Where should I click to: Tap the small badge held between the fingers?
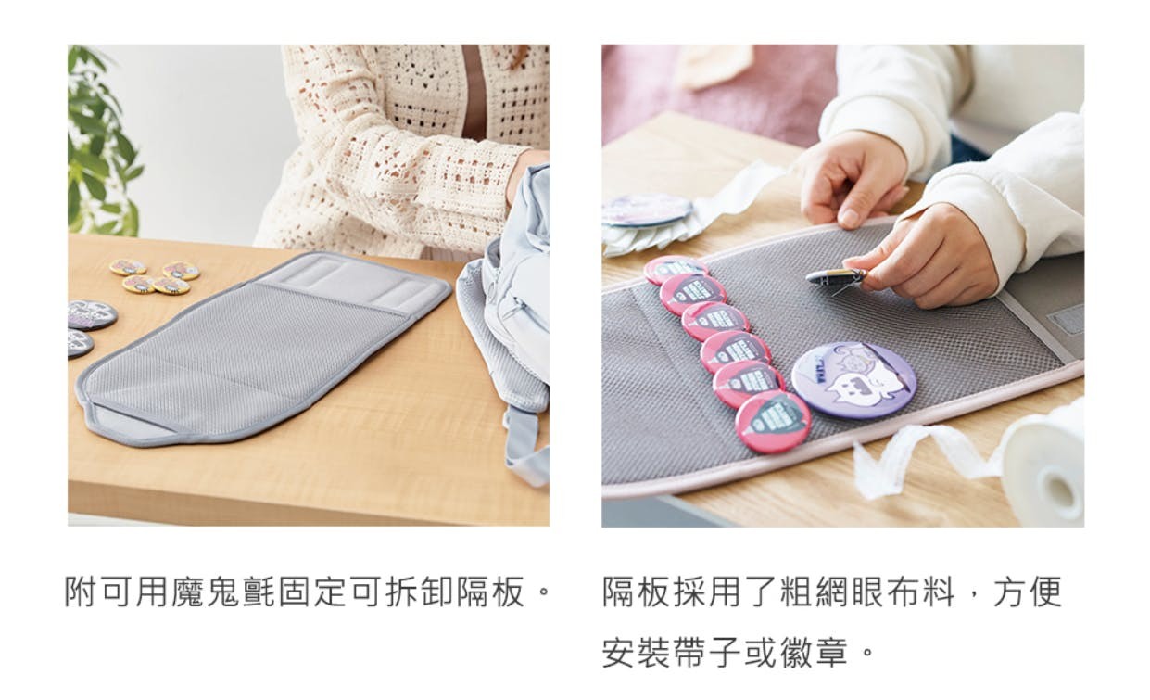(836, 277)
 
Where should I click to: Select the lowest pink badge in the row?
(773, 422)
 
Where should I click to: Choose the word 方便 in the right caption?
(1028, 592)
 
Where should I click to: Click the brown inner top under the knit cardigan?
(474, 93)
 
